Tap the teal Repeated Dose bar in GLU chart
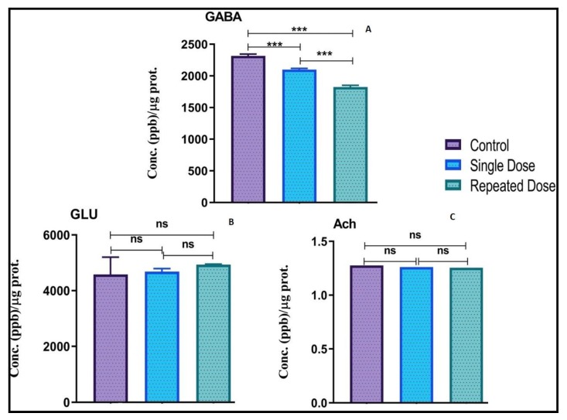[213, 333]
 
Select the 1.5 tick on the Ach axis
[328, 242]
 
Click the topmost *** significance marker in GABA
[299, 29]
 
